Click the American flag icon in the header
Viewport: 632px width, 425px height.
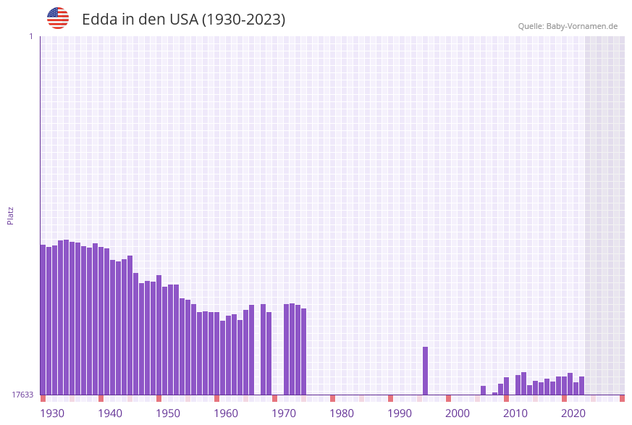click(58, 18)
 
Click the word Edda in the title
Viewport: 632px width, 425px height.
click(99, 20)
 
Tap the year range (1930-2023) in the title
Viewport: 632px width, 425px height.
click(243, 20)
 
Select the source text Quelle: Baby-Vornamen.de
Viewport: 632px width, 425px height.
click(568, 26)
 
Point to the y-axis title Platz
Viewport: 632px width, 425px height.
click(11, 215)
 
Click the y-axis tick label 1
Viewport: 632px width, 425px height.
click(30, 36)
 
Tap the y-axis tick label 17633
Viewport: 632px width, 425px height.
click(22, 395)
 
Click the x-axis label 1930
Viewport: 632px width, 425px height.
click(52, 413)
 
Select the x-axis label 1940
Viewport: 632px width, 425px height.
click(110, 413)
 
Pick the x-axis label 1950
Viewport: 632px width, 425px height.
click(168, 413)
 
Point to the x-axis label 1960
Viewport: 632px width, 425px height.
click(226, 413)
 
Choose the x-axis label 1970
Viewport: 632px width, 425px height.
click(284, 413)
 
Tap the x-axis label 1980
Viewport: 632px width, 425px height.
click(342, 413)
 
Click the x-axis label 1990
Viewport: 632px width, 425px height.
click(400, 413)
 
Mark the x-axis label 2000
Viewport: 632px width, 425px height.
click(458, 413)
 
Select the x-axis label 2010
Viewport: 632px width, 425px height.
click(515, 413)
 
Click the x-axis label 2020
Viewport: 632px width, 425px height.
click(573, 413)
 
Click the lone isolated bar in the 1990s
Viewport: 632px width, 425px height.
click(426, 371)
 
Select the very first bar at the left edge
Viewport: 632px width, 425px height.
click(43, 319)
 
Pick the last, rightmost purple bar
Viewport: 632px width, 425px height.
click(582, 385)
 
